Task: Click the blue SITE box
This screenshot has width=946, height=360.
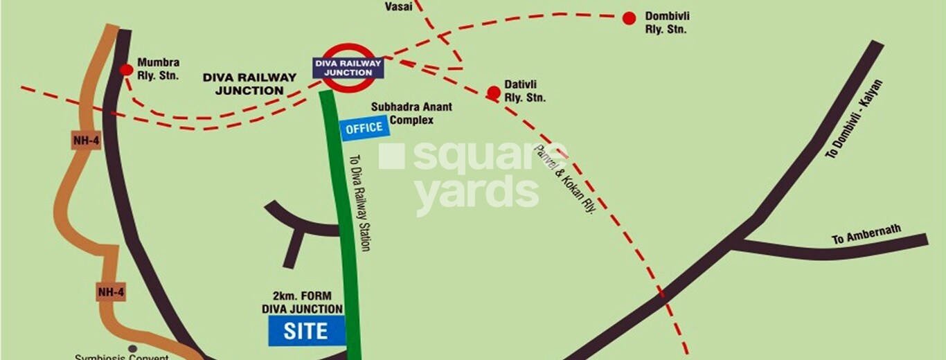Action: tap(306, 331)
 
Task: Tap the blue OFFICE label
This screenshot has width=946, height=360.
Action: tap(364, 127)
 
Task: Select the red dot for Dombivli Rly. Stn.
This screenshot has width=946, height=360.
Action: tap(629, 19)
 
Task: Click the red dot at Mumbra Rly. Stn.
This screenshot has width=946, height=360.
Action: tap(126, 69)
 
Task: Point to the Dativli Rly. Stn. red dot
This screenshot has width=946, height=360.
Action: tap(493, 92)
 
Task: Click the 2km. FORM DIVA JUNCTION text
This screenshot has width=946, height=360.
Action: tap(302, 303)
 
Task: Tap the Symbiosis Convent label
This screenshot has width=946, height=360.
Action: tap(122, 357)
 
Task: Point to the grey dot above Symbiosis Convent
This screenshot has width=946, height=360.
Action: tap(132, 348)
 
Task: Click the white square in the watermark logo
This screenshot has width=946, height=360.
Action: tap(391, 156)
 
